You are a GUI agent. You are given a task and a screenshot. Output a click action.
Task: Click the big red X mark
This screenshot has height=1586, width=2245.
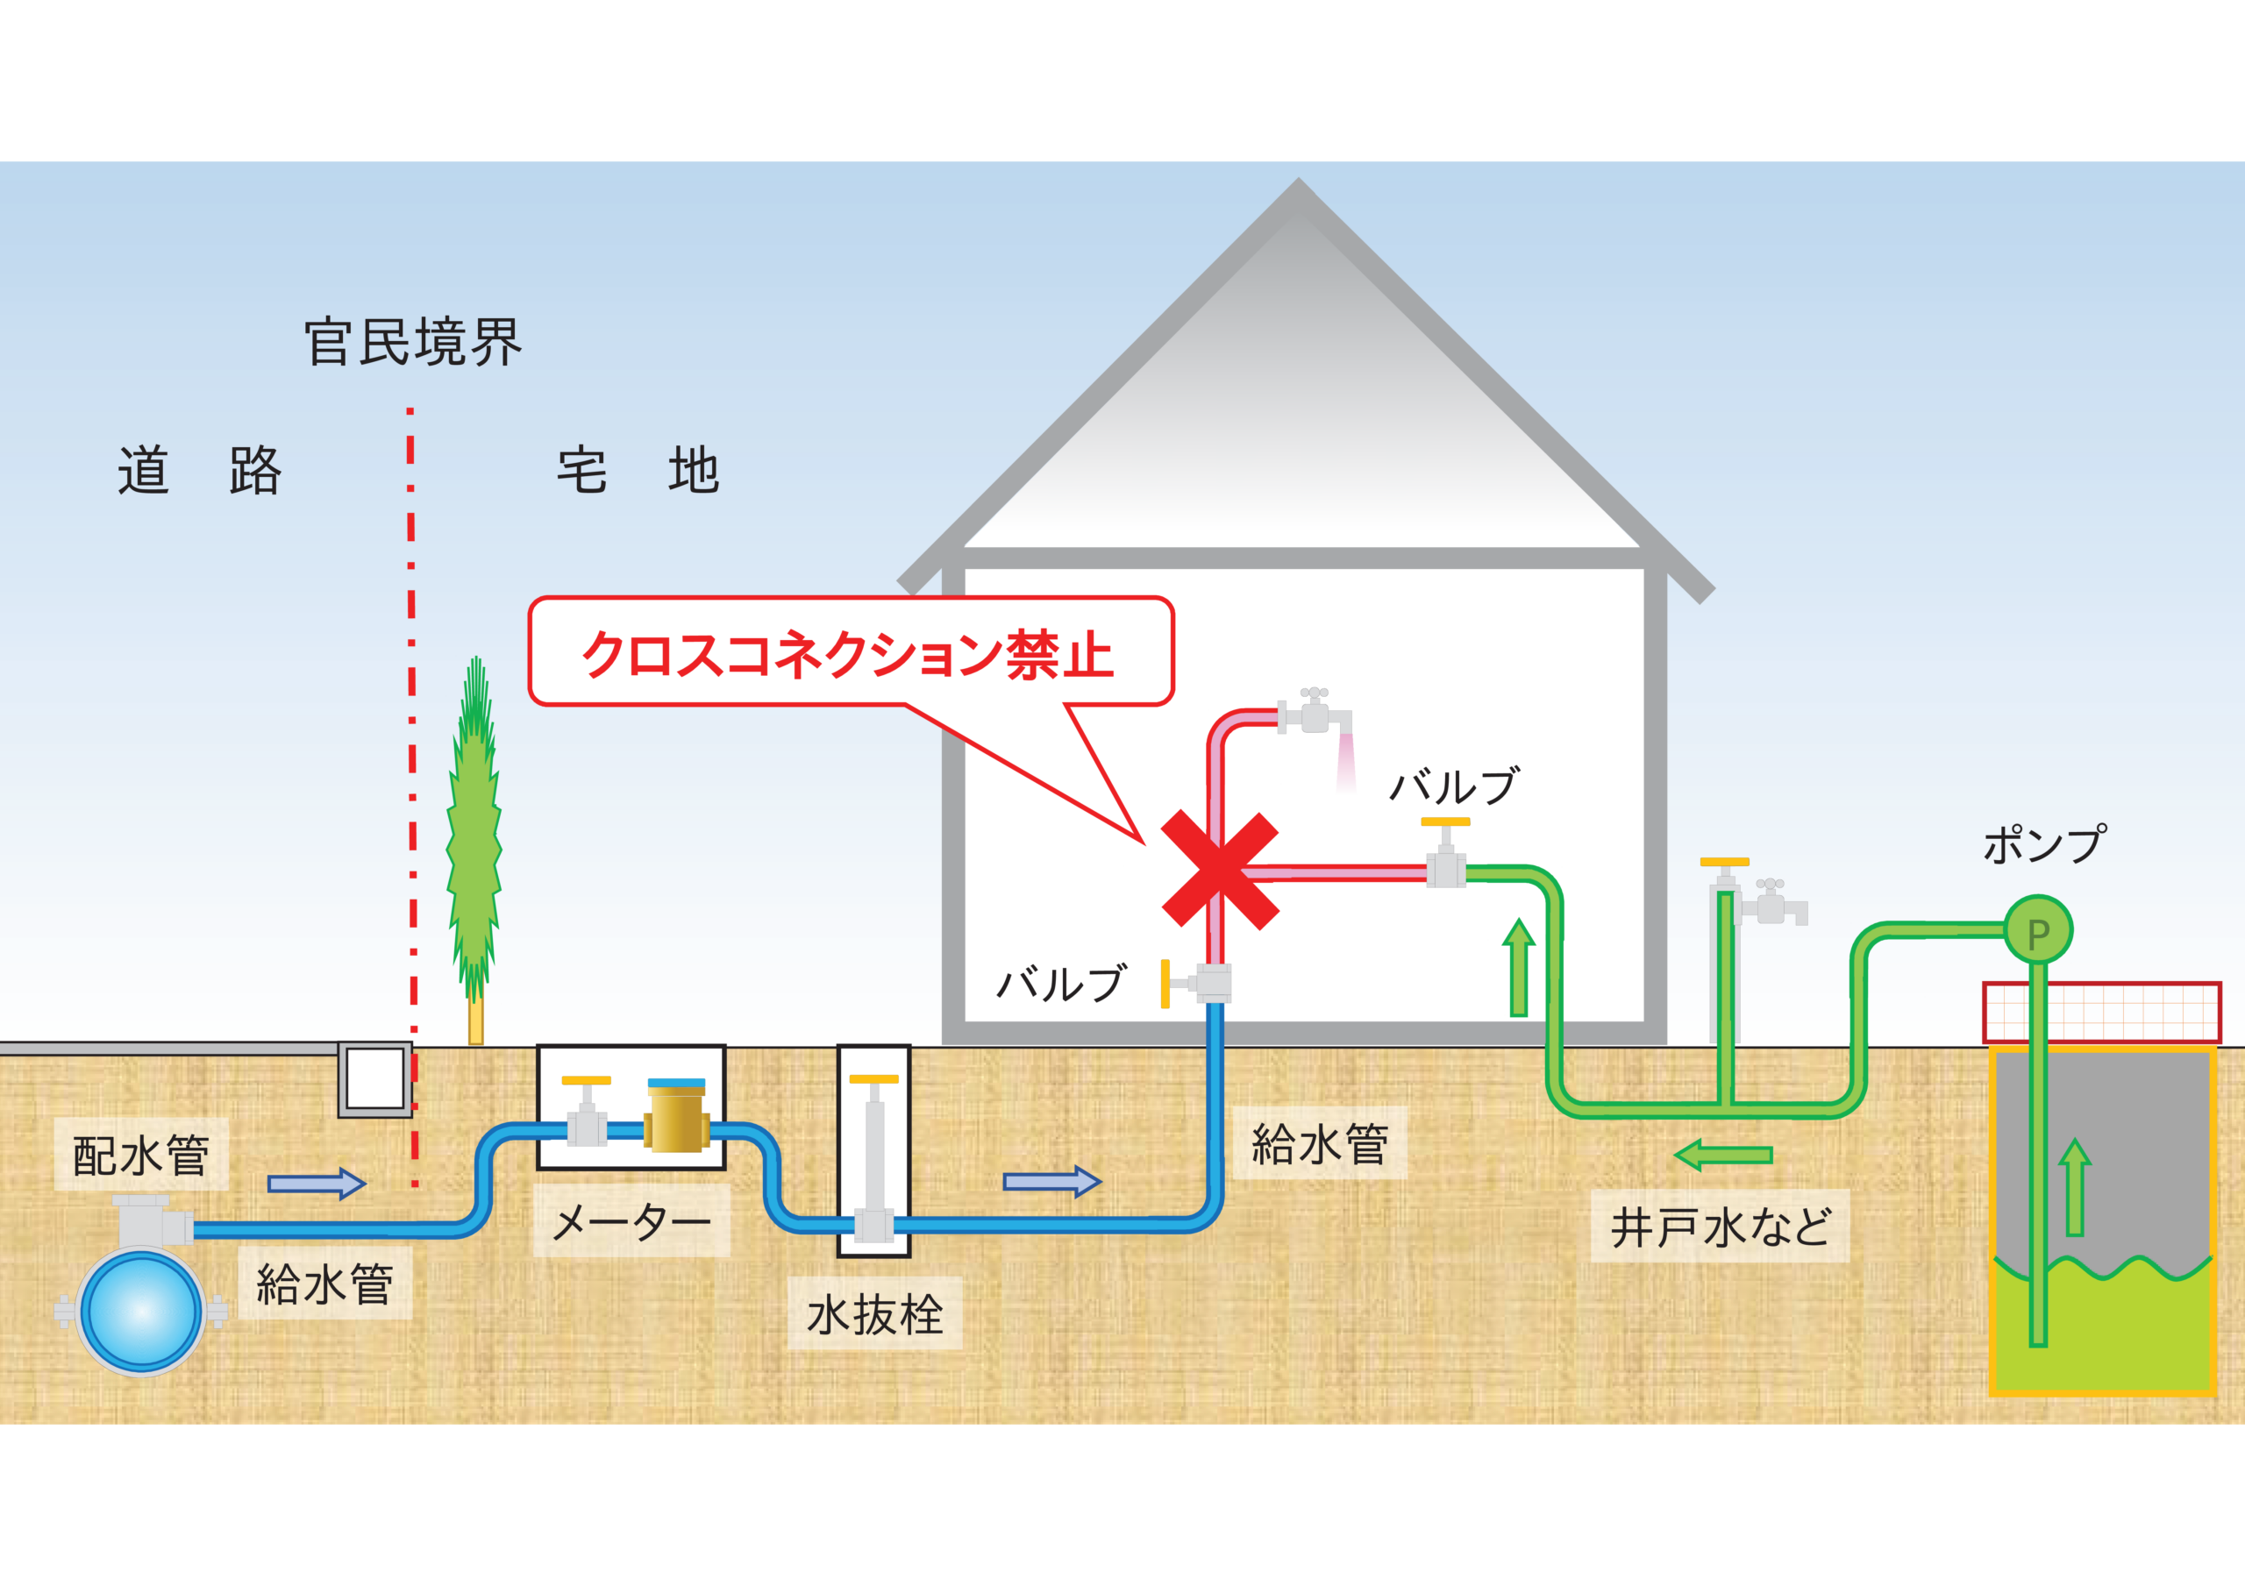pos(1219,869)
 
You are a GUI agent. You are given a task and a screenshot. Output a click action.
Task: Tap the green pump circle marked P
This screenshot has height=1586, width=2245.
pos(2039,930)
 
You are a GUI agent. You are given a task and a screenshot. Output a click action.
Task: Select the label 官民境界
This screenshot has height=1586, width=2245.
pos(413,342)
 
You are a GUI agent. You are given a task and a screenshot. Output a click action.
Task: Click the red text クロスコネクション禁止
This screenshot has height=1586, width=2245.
pos(847,654)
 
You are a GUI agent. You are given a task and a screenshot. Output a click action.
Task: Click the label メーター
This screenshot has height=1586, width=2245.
pos(631,1221)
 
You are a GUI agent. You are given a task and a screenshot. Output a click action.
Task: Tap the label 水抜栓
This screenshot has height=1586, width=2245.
pos(874,1313)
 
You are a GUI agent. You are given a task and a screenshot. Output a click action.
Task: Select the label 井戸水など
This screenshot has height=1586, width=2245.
pos(1720,1227)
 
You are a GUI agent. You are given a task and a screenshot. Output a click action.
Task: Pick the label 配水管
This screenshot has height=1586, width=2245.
pos(141,1155)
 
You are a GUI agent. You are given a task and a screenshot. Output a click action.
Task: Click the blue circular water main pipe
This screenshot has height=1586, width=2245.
pos(141,1310)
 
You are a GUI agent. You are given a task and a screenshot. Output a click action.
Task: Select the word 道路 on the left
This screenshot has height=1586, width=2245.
pos(199,472)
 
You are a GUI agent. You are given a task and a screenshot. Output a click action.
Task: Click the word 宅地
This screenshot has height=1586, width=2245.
pos(638,472)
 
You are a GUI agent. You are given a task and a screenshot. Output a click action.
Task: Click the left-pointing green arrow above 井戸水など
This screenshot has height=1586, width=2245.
pos(1723,1155)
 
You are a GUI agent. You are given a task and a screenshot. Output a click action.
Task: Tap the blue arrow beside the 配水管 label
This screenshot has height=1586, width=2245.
pos(316,1184)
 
